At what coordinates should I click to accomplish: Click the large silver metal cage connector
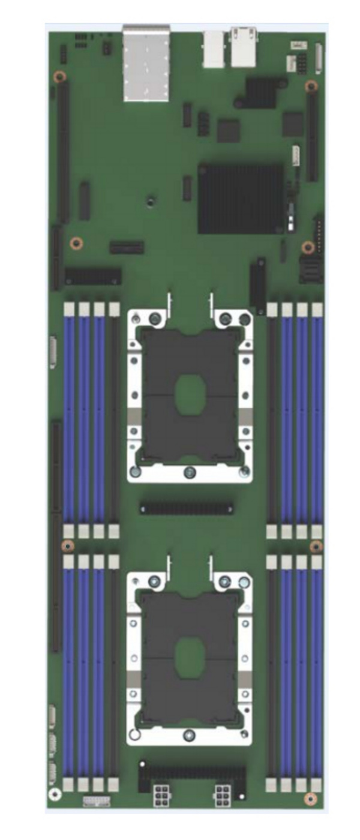[146, 64]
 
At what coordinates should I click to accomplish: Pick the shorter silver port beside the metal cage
[214, 49]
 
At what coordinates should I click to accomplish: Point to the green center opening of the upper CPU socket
[190, 395]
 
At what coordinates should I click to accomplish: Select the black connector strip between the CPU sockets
[187, 508]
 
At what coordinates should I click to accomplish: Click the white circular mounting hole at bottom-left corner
[55, 794]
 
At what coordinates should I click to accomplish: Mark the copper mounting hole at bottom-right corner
[310, 798]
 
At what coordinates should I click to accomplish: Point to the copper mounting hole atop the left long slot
[59, 77]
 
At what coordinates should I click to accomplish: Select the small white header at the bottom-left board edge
[96, 801]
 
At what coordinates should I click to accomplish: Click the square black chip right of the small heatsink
[293, 124]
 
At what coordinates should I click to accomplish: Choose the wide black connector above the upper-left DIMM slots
[93, 276]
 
